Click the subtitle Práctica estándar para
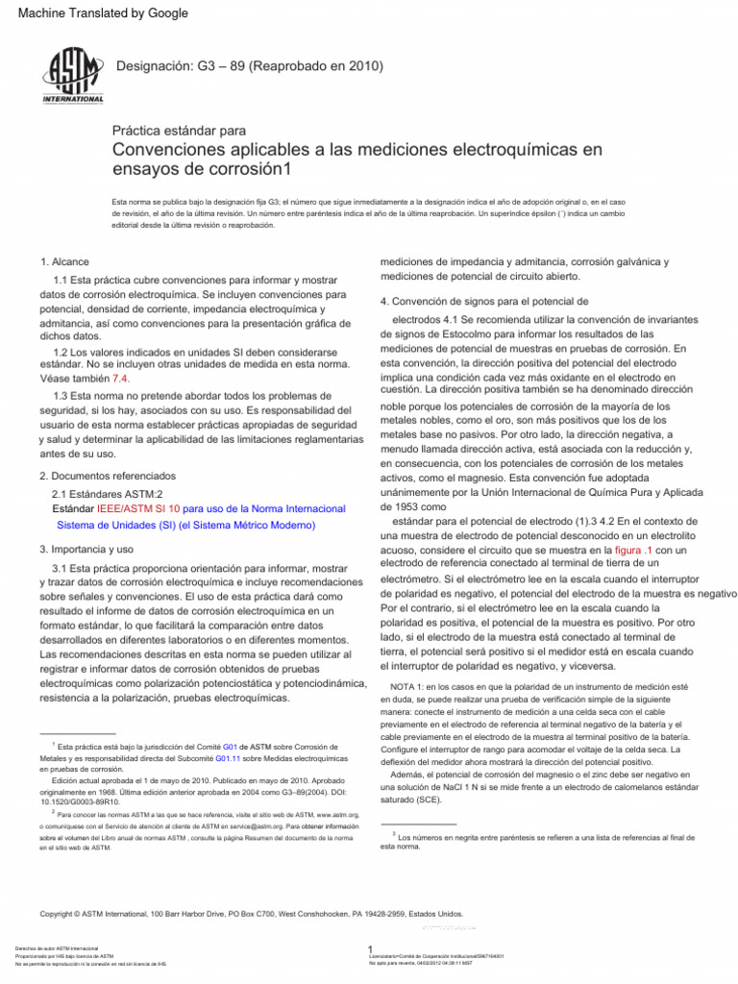[x=180, y=130]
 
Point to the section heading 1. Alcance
[x=65, y=262]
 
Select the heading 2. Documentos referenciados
[x=108, y=476]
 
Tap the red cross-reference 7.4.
[x=121, y=380]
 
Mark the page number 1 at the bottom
[x=370, y=950]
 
